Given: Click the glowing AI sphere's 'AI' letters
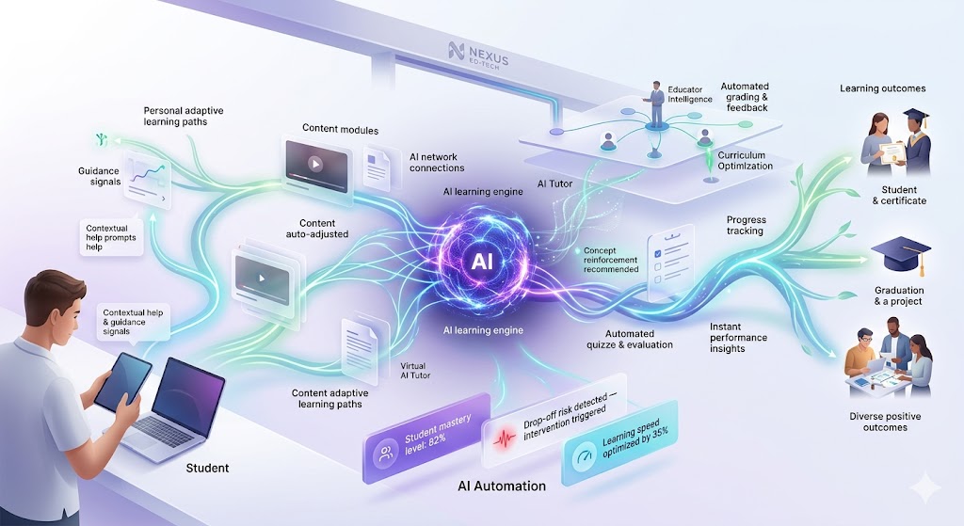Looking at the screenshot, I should [x=480, y=263].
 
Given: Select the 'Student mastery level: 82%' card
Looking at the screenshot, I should [x=426, y=442].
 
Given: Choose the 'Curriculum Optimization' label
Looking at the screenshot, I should [x=744, y=160].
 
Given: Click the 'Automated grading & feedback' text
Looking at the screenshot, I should [x=745, y=97].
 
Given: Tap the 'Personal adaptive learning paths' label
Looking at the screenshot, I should [x=183, y=117].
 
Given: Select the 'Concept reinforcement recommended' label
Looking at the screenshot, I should [x=611, y=260].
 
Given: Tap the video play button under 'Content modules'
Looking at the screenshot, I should [x=314, y=163].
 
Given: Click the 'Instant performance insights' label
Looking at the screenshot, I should [x=738, y=338].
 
